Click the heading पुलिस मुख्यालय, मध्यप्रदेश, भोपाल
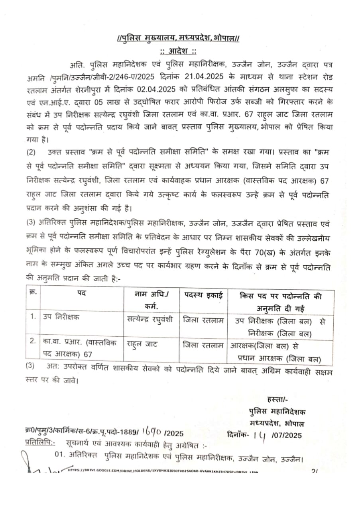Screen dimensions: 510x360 point(178,39)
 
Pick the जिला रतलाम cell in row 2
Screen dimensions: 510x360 point(203,344)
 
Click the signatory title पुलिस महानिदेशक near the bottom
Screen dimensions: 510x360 point(277,412)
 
